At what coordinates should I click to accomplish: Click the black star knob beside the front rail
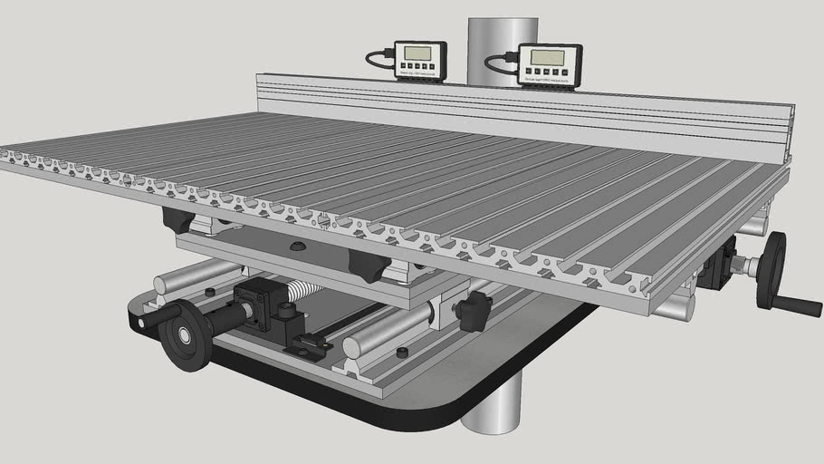[x=472, y=311]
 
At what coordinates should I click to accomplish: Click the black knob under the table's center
[x=369, y=266]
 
